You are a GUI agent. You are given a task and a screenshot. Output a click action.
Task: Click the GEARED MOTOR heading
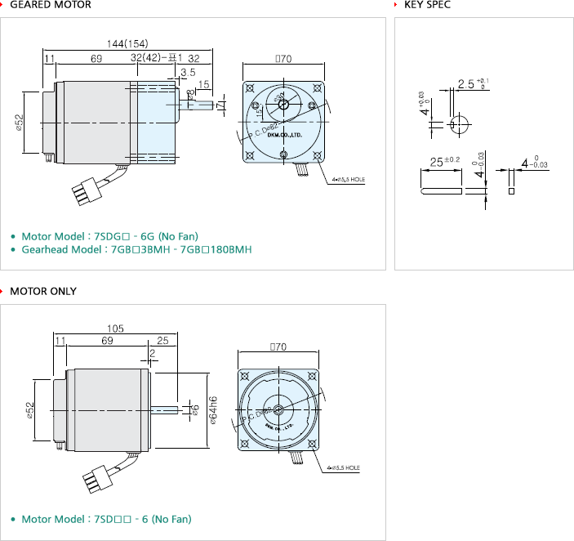[50, 5]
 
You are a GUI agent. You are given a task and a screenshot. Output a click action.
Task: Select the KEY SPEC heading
[427, 5]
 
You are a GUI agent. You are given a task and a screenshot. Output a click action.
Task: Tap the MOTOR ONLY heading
[45, 291]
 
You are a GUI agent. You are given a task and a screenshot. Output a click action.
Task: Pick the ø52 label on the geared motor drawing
[18, 122]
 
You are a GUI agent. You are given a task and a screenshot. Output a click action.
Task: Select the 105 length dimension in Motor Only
[115, 329]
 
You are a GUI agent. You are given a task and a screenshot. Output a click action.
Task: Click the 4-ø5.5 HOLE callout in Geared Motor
[349, 178]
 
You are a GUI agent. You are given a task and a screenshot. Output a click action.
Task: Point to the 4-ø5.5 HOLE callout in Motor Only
[343, 468]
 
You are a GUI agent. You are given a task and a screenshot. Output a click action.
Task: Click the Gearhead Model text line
[136, 249]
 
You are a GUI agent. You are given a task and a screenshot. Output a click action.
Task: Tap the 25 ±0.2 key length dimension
[445, 161]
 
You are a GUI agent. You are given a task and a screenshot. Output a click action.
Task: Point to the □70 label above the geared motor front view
[283, 59]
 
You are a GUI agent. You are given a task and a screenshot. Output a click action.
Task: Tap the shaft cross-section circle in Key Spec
[458, 123]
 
